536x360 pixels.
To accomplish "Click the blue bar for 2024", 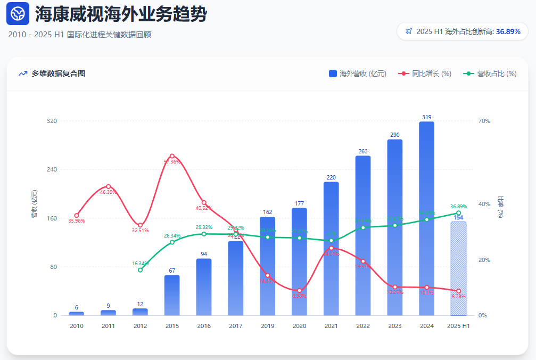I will tap(426, 218).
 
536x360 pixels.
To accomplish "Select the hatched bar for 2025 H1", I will tap(458, 268).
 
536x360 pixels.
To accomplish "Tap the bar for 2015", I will tap(172, 295).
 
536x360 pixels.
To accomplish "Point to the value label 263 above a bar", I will tap(363, 151).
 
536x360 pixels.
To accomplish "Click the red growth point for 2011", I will tap(108, 186).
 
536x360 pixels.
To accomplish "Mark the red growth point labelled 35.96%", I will tap(77, 215).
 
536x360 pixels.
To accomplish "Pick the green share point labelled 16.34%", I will tap(140, 270).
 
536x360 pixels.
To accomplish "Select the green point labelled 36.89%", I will tap(458, 213).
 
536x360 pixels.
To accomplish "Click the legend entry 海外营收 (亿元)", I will tap(358, 73).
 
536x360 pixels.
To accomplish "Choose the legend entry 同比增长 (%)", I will tap(425, 73).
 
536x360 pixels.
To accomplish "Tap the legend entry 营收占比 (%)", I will tap(490, 73).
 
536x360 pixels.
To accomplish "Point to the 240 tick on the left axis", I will tap(52, 169).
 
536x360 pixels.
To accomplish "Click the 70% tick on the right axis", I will tap(484, 121).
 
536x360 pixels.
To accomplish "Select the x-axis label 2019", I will tap(268, 326).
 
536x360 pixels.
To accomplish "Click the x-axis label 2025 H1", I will tap(458, 326).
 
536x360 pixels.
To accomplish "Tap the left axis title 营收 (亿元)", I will tap(35, 204).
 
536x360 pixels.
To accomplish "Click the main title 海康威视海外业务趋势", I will tap(120, 14).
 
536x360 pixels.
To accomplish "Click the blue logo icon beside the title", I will tap(18, 14).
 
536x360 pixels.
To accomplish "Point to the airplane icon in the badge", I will tap(408, 31).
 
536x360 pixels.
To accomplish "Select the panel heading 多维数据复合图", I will tap(58, 73).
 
